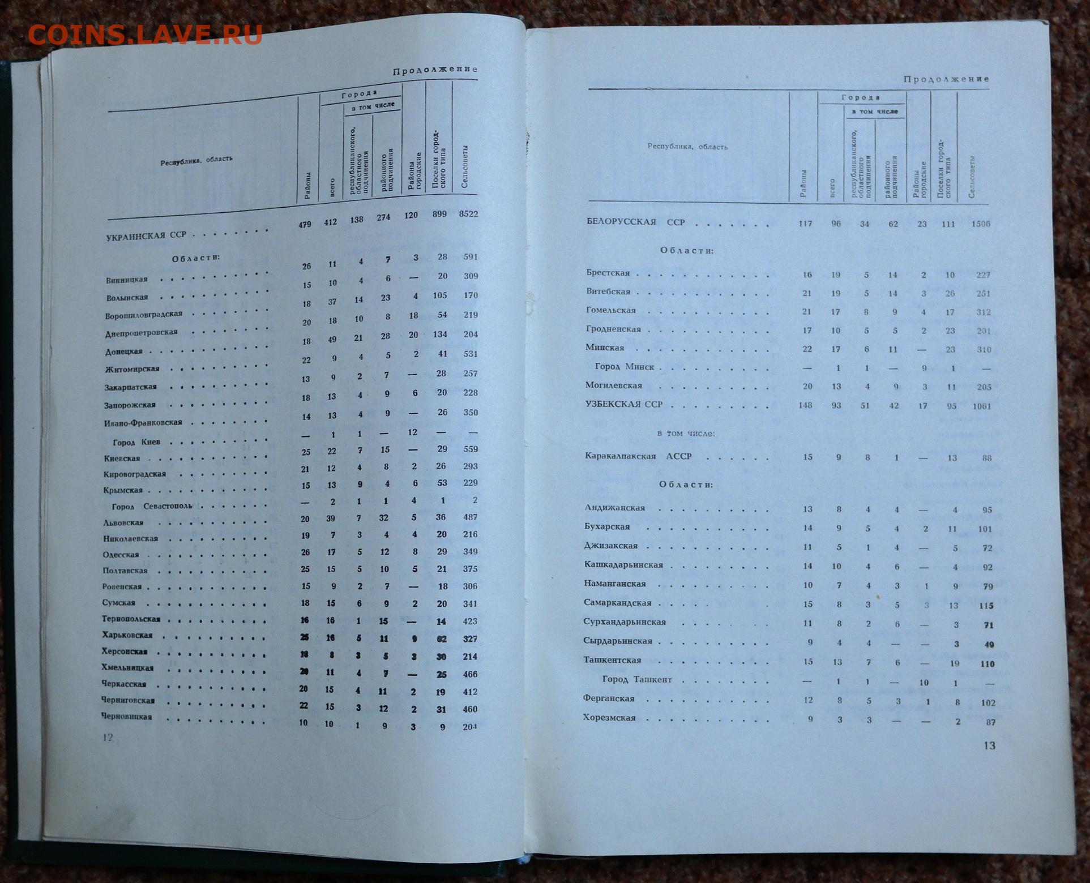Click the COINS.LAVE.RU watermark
(x=144, y=35)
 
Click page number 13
(x=989, y=745)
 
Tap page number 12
(x=108, y=737)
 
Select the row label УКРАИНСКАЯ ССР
(x=146, y=235)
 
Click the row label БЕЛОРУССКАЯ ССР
(x=636, y=222)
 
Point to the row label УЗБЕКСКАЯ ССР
(x=624, y=404)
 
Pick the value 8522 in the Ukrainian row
(x=468, y=214)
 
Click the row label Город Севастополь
(x=152, y=506)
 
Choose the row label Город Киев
(x=136, y=442)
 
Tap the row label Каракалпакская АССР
(x=638, y=456)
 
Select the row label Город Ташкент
(x=637, y=679)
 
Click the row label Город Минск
(x=625, y=367)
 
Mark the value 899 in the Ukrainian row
(x=439, y=215)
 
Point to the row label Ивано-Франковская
(x=143, y=423)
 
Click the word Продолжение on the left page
(x=435, y=70)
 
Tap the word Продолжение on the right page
(x=946, y=79)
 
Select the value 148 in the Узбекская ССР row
(x=805, y=405)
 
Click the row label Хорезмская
(x=609, y=718)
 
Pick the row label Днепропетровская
(x=141, y=333)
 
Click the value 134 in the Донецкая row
(x=439, y=335)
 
